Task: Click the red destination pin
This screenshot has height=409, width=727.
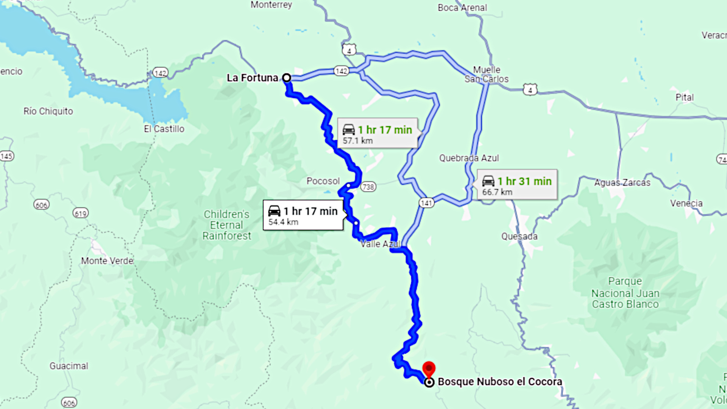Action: tap(429, 368)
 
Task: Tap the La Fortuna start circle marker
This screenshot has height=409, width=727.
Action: tap(287, 78)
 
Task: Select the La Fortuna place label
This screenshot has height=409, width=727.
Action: tap(252, 78)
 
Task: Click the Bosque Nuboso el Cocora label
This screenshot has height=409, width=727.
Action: tap(500, 382)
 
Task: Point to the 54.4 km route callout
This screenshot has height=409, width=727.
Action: tap(303, 215)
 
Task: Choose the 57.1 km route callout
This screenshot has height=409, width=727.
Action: tap(378, 133)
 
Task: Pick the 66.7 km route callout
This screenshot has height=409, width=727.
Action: tap(517, 185)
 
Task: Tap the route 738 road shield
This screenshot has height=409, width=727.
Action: tap(368, 187)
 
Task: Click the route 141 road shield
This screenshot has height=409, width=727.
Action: tap(426, 203)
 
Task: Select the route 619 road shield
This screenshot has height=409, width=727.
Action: tap(80, 213)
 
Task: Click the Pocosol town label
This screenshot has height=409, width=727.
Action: tap(323, 181)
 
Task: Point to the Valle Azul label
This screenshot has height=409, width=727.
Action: tap(380, 244)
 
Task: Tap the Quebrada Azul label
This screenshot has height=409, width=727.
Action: tap(469, 158)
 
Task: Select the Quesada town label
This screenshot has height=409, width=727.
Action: tap(519, 236)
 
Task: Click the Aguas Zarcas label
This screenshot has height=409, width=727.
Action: tap(622, 183)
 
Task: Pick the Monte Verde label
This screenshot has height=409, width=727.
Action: tap(107, 261)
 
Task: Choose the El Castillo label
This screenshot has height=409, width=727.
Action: tap(164, 129)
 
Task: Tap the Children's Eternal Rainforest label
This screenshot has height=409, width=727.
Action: tap(226, 225)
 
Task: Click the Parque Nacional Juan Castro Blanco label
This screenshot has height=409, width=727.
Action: tap(625, 293)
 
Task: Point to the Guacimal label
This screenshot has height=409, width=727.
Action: tap(69, 366)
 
